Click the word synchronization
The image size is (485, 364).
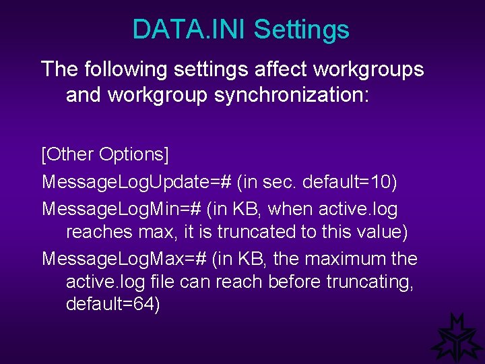point(292,95)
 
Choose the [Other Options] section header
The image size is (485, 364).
point(105,154)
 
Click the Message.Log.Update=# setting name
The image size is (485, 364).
point(137,182)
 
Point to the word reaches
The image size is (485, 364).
point(97,233)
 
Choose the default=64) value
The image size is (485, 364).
point(113,305)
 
